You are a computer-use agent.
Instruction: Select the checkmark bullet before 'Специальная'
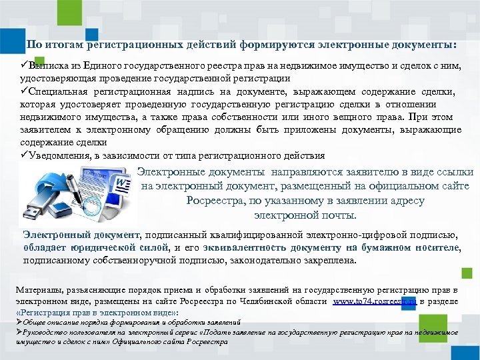coord(23,92)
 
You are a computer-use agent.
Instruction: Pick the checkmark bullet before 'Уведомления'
coord(23,155)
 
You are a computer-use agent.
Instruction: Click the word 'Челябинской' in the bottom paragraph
coord(254,302)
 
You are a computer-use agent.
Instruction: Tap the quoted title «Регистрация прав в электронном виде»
coord(96,312)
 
